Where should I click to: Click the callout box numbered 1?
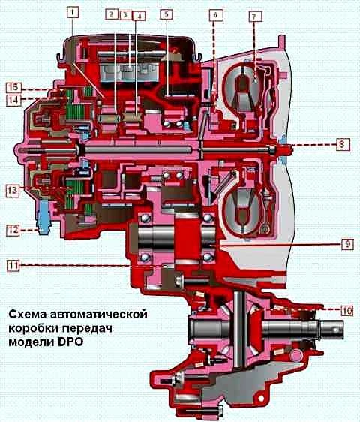click(73, 12)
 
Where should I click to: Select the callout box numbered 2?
click(112, 14)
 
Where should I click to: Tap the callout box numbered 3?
click(125, 15)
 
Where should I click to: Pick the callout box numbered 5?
click(166, 14)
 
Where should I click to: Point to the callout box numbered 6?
click(215, 15)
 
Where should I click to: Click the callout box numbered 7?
click(253, 17)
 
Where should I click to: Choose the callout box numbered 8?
click(341, 144)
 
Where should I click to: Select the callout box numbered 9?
click(348, 244)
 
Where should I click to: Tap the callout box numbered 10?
click(347, 311)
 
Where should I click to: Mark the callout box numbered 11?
click(13, 265)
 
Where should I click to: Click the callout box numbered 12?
click(13, 230)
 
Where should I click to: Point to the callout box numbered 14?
click(13, 101)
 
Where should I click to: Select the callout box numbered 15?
click(13, 87)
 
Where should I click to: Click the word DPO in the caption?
click(70, 342)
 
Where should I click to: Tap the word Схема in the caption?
click(27, 315)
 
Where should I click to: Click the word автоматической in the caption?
click(97, 315)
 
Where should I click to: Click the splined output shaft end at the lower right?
click(330, 330)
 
